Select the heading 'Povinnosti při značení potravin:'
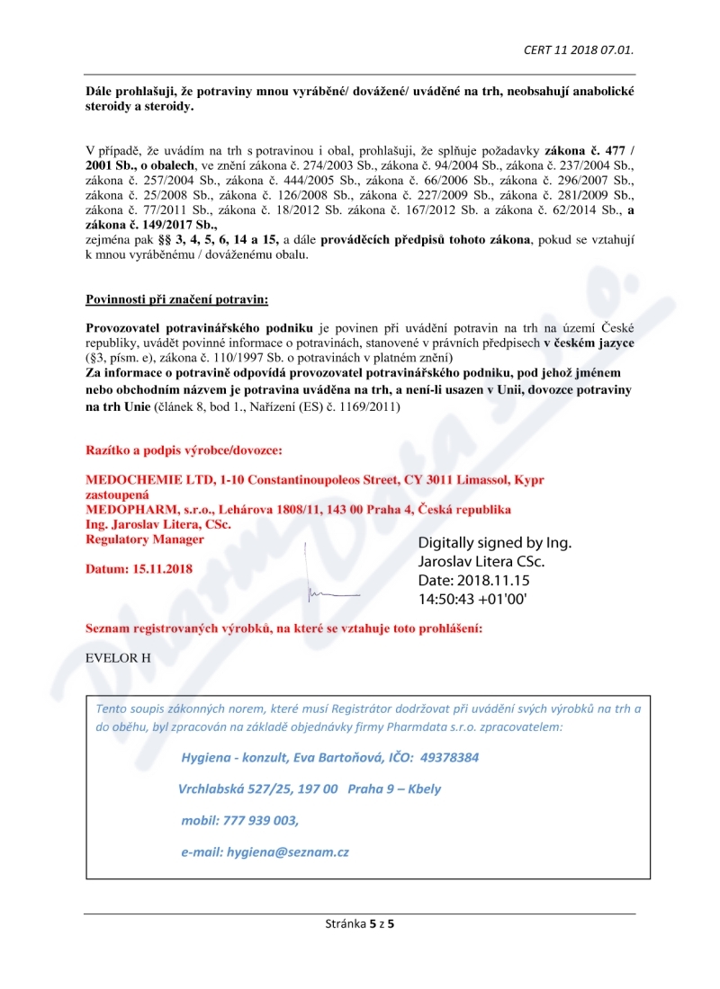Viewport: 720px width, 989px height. pyautogui.click(x=176, y=298)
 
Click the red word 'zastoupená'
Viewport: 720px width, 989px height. pyautogui.click(x=117, y=494)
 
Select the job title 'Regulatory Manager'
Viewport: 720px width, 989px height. pyautogui.click(x=144, y=539)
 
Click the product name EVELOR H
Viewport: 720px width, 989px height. pyautogui.click(x=118, y=657)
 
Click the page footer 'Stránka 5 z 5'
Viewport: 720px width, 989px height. pyautogui.click(x=359, y=922)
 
